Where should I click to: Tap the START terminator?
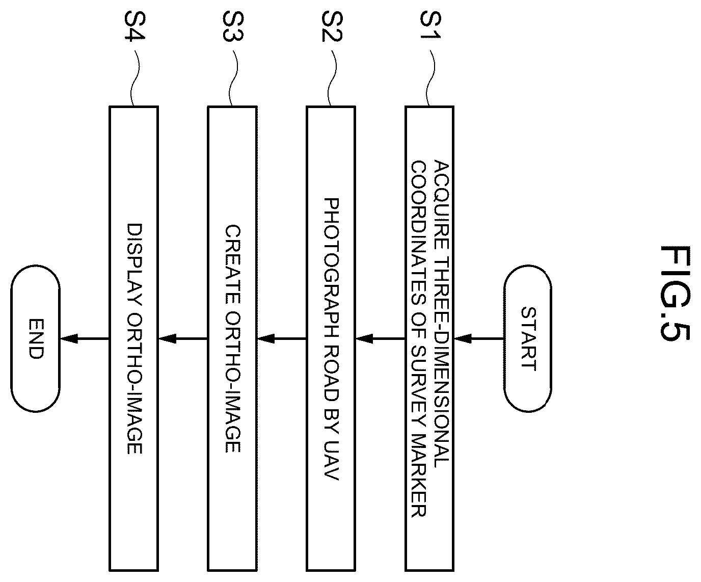tap(528, 338)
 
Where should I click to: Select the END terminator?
tap(36, 338)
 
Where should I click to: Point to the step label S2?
tap(332, 27)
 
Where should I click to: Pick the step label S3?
tap(233, 27)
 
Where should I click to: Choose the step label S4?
tap(134, 27)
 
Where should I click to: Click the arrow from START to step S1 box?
tap(479, 338)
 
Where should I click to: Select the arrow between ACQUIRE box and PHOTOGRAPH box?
tap(381, 338)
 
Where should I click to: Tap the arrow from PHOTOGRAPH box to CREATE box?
tap(282, 338)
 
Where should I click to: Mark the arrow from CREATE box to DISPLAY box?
tap(183, 338)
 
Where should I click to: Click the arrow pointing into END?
tap(85, 338)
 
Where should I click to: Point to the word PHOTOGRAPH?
tap(331, 268)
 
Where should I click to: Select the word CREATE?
tap(233, 266)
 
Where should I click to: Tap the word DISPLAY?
tap(134, 264)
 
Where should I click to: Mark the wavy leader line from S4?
tap(133, 78)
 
